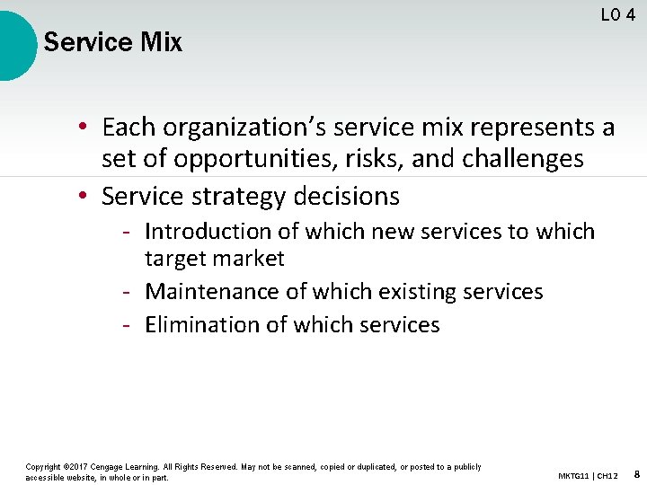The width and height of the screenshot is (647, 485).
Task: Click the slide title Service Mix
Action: click(x=112, y=42)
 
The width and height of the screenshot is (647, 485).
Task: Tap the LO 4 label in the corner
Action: click(x=618, y=14)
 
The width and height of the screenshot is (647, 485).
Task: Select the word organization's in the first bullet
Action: click(x=229, y=128)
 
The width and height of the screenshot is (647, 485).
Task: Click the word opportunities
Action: click(x=242, y=160)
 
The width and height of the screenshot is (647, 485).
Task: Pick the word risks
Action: click(x=374, y=160)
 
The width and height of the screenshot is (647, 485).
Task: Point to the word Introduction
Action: click(x=208, y=232)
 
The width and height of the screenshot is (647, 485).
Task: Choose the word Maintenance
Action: click(x=211, y=292)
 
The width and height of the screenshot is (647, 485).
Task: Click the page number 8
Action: click(x=636, y=473)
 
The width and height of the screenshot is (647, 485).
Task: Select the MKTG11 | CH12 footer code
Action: click(x=588, y=474)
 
